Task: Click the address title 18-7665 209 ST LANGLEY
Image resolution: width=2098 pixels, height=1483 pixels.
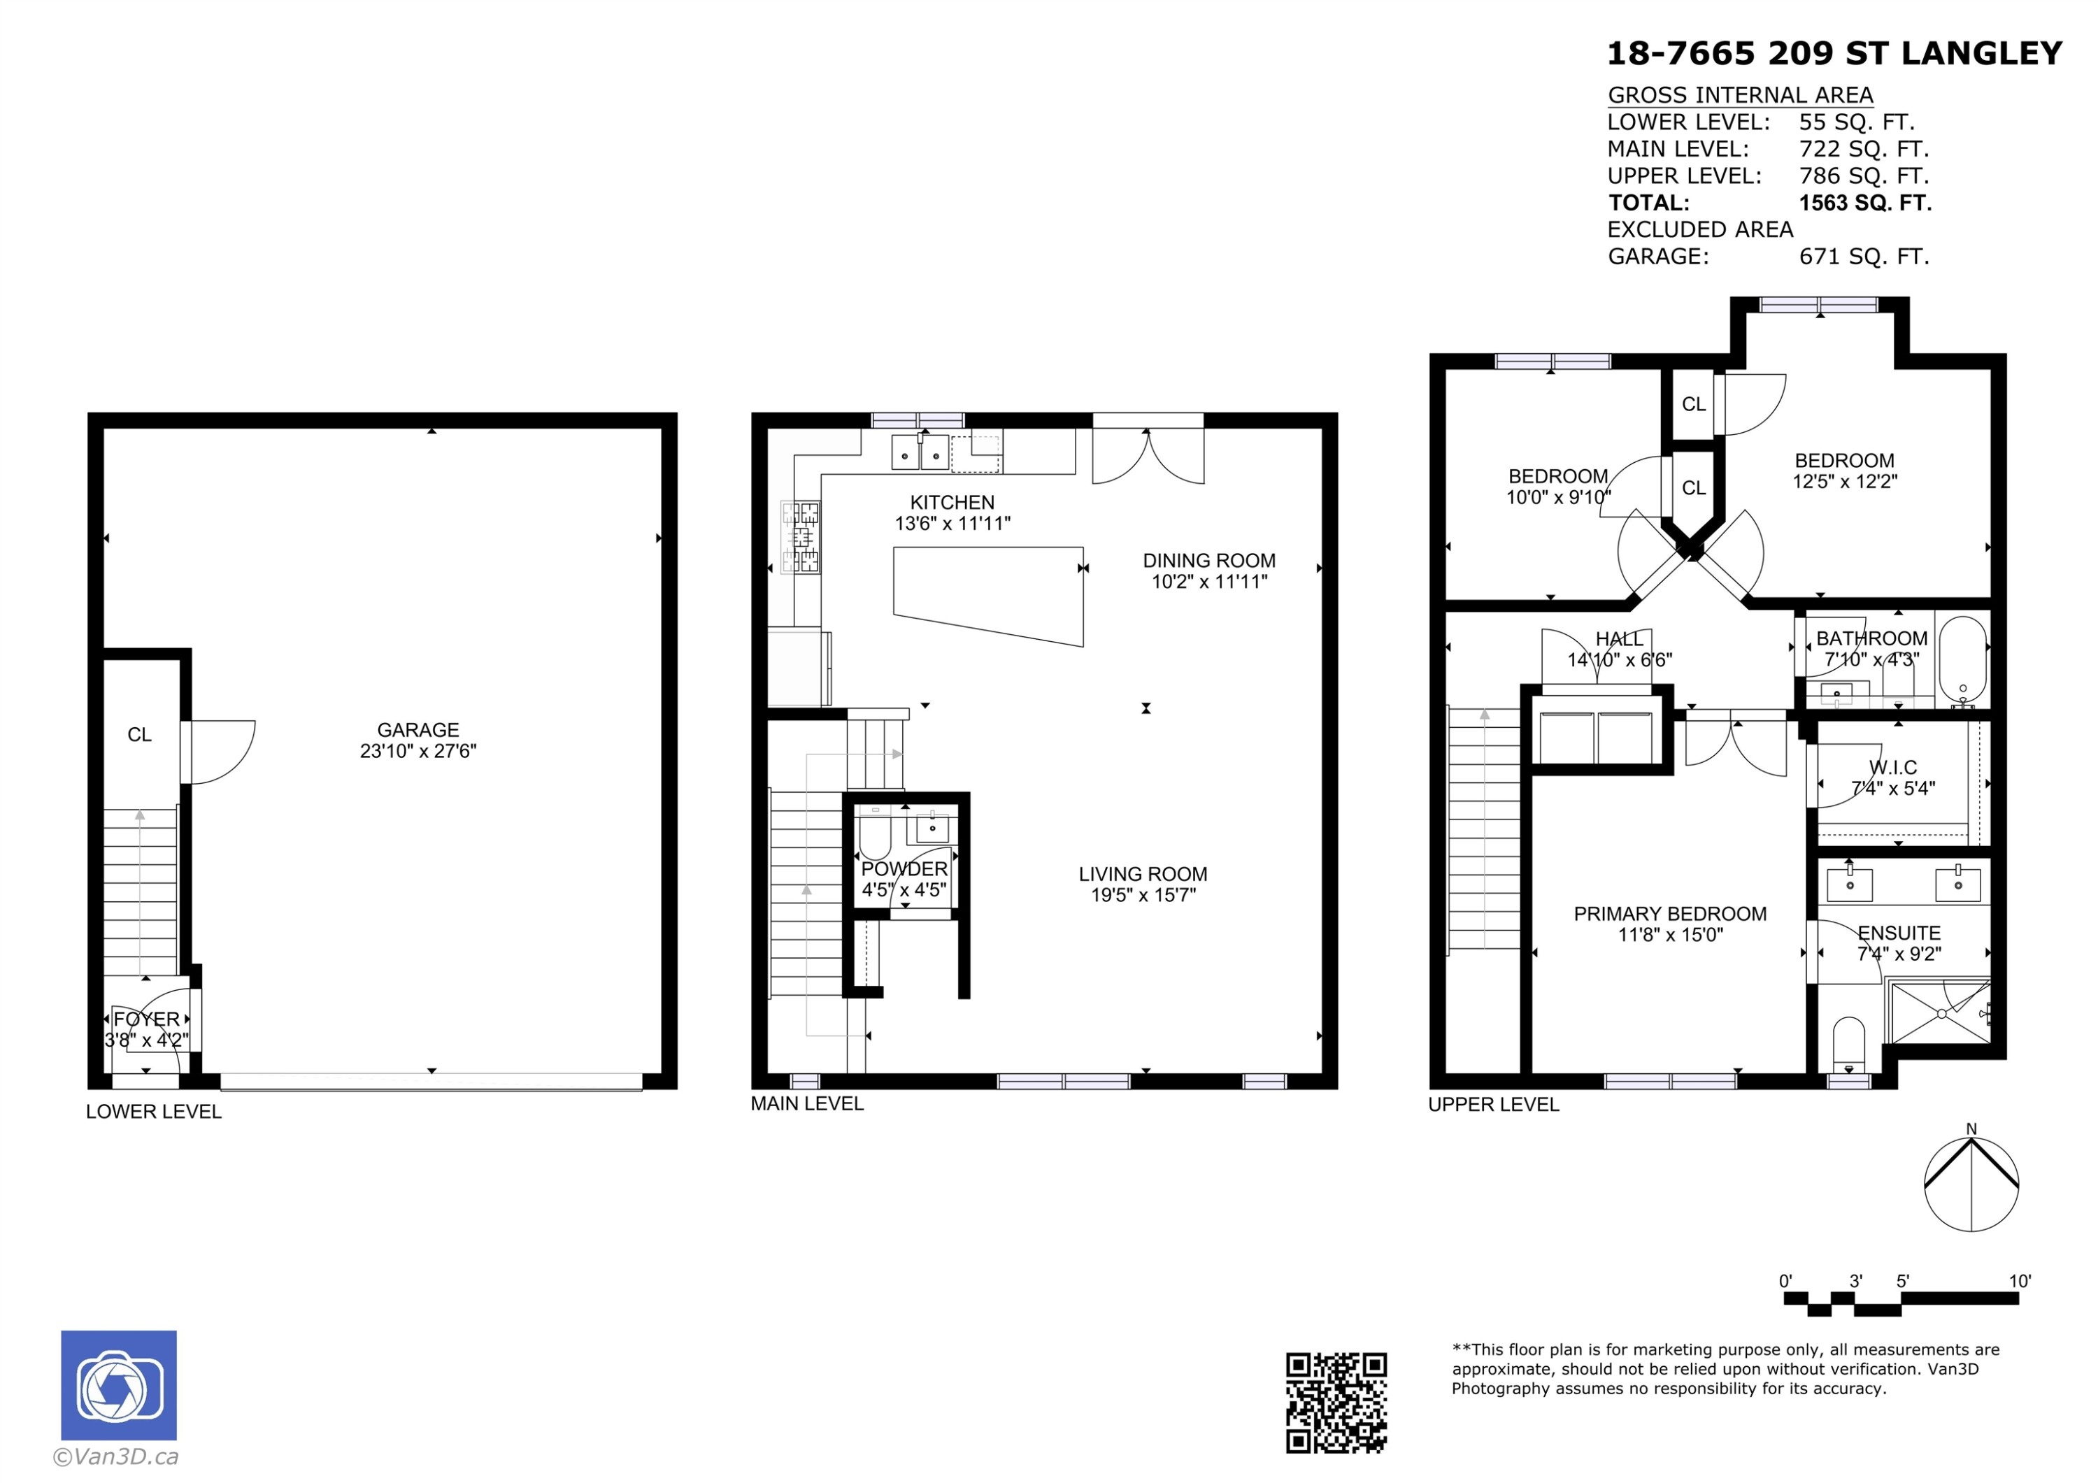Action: (1834, 53)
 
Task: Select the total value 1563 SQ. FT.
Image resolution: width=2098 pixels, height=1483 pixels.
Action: (1865, 203)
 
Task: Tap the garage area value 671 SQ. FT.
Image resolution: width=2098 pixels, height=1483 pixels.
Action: (1864, 257)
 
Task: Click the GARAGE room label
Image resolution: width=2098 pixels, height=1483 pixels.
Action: (418, 730)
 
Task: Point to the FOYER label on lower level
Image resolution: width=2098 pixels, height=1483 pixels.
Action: (147, 1019)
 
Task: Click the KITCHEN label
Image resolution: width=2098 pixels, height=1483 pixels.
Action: (952, 503)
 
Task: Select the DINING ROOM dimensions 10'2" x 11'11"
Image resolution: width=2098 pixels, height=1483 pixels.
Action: (1209, 582)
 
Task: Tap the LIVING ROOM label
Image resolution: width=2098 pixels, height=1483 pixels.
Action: (1143, 875)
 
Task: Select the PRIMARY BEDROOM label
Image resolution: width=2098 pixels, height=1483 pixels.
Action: (1671, 914)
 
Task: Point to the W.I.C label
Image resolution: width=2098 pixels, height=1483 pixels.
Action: (1893, 768)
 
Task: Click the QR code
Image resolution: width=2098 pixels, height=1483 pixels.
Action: (1336, 1403)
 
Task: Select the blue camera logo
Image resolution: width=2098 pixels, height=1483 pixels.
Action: (119, 1385)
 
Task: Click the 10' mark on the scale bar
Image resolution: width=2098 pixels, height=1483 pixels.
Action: (2020, 1281)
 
